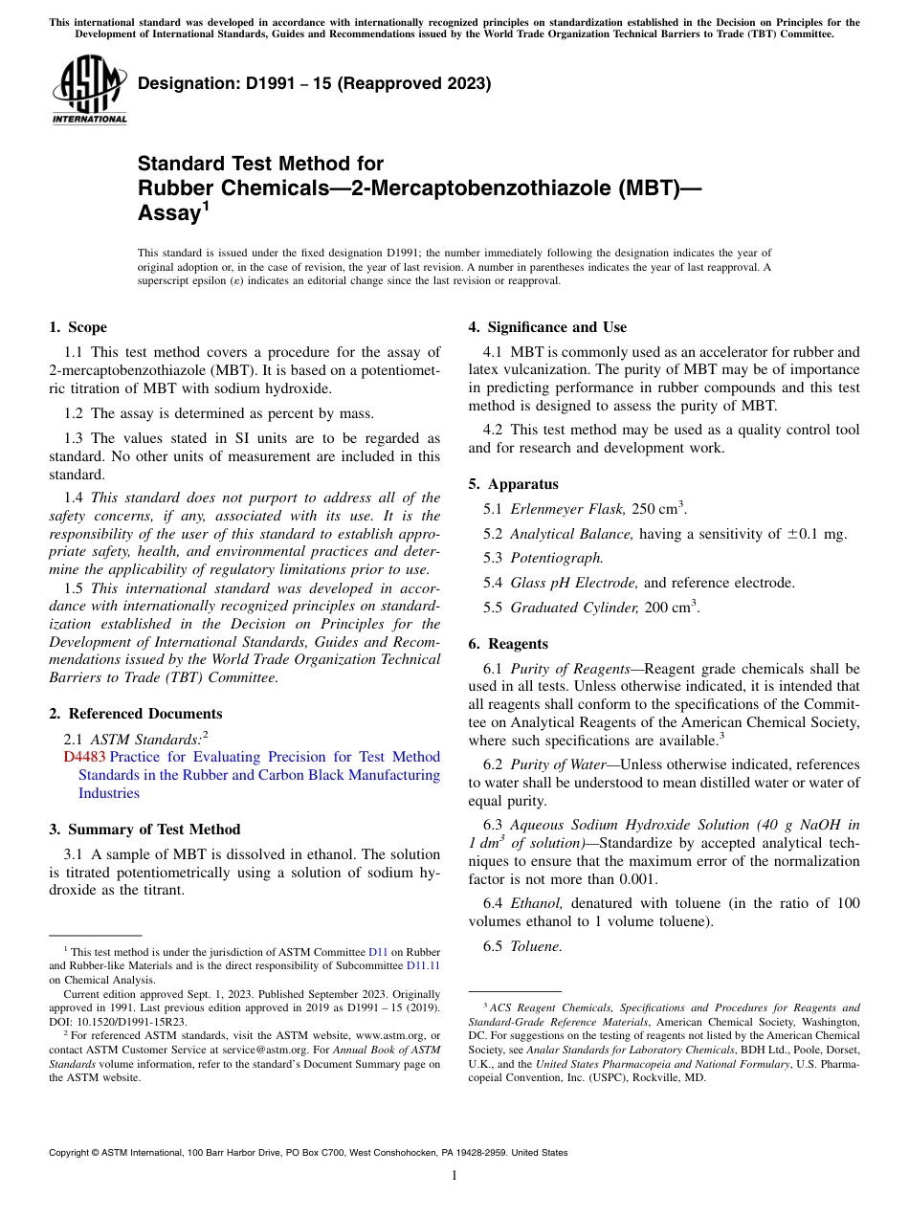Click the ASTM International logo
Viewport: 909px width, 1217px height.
(x=89, y=90)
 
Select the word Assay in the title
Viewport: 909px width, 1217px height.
(x=167, y=213)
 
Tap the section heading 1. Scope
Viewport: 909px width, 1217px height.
(x=78, y=327)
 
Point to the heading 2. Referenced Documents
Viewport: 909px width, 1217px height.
(x=136, y=714)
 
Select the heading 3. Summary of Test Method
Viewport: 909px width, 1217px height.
(x=144, y=830)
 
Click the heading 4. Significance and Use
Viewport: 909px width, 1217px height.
(x=547, y=327)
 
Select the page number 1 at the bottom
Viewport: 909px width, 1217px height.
(x=454, y=1175)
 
